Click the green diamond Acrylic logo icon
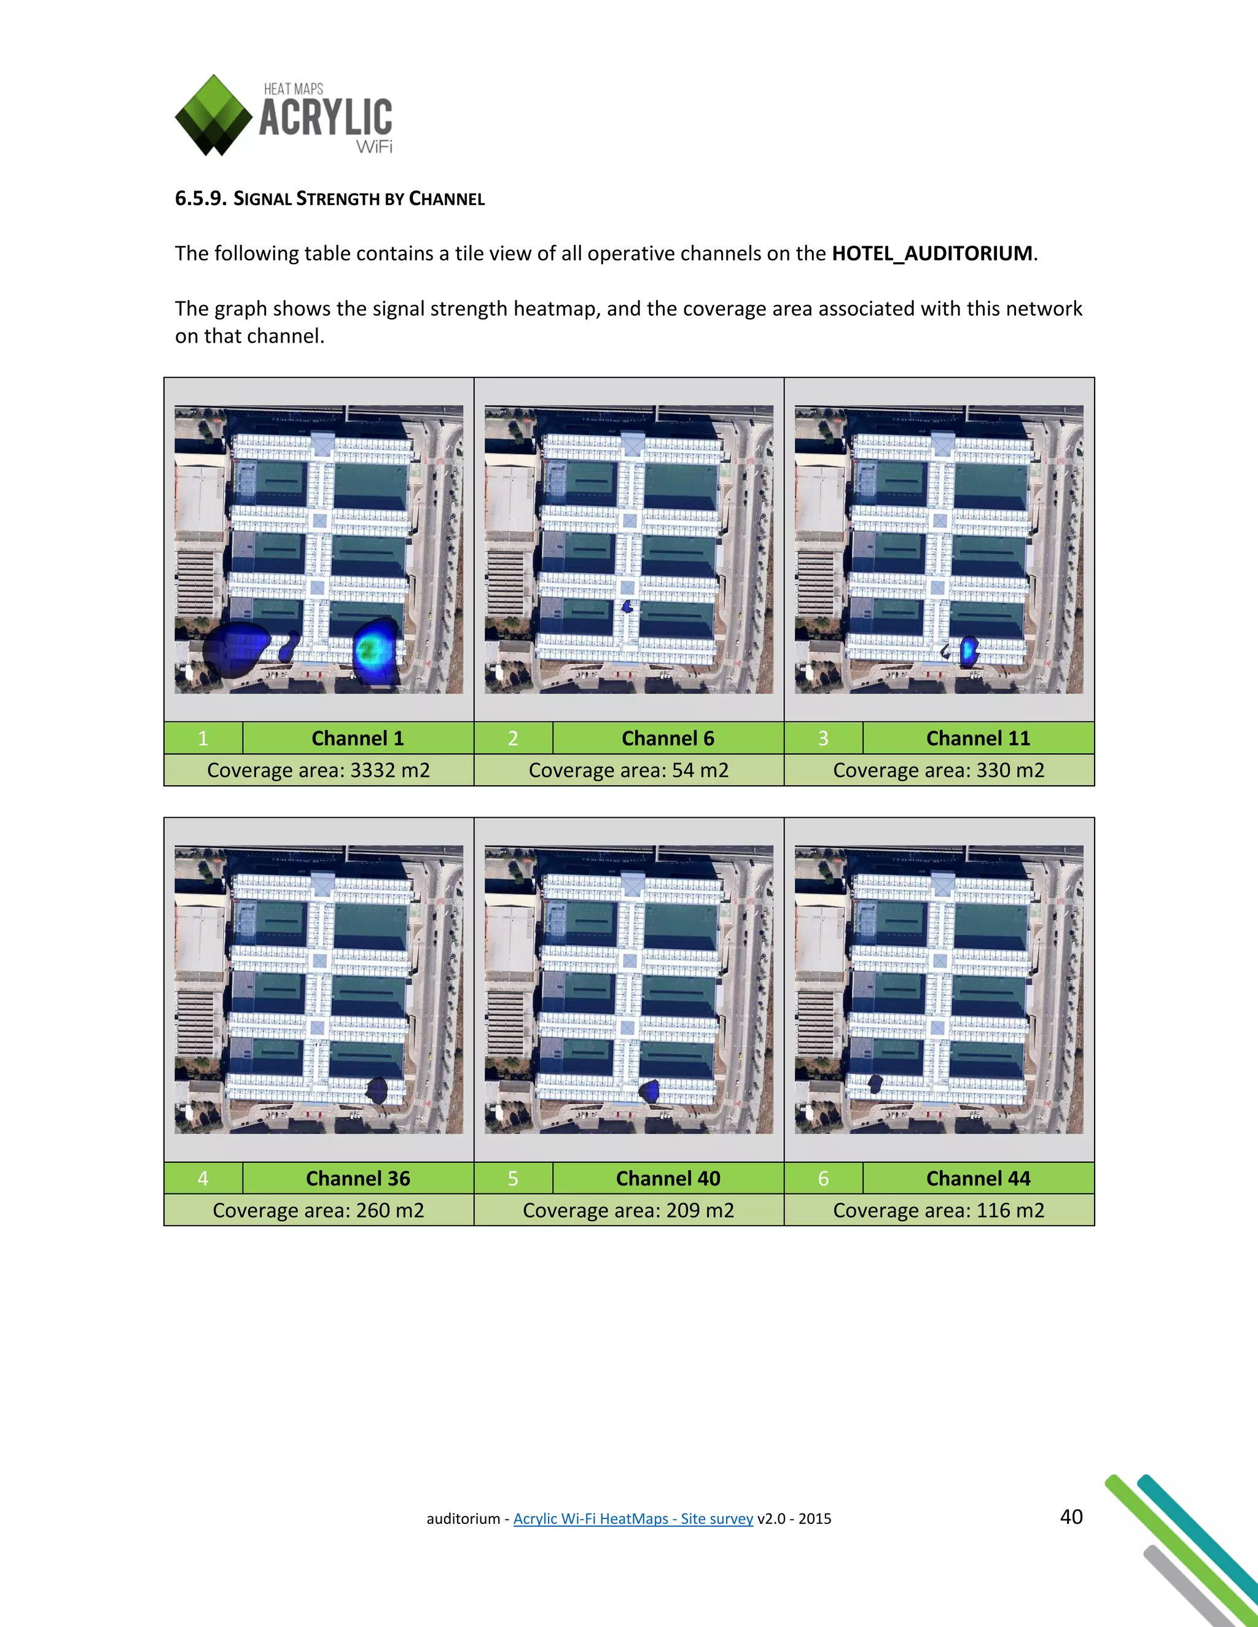click(x=213, y=115)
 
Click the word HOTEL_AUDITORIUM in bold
click(x=932, y=254)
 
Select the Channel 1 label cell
click(x=357, y=738)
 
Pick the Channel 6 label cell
click(x=668, y=738)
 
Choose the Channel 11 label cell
click(x=978, y=738)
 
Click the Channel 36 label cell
click(x=357, y=1179)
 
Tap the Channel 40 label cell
click(x=668, y=1179)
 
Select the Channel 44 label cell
click(x=978, y=1179)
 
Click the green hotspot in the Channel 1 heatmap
click(x=368, y=651)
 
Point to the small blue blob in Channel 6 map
click(x=628, y=607)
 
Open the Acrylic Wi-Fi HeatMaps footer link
click(x=633, y=1518)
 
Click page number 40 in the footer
click(x=1071, y=1516)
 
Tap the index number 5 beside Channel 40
click(x=513, y=1179)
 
